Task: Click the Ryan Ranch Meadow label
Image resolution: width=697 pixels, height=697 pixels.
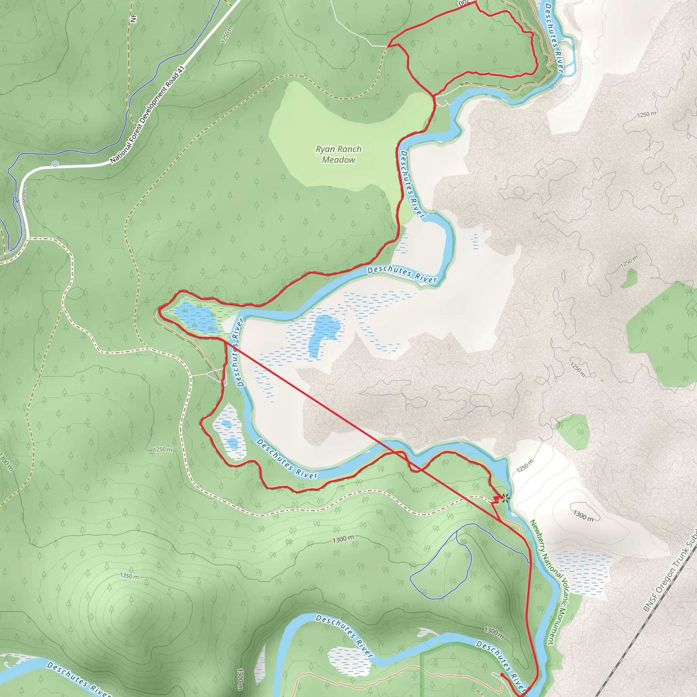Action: tap(338, 155)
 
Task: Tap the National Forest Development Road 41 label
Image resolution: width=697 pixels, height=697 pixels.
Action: tap(148, 115)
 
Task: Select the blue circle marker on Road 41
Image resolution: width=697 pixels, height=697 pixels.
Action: tap(55, 164)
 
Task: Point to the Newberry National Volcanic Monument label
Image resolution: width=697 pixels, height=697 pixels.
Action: tap(548, 582)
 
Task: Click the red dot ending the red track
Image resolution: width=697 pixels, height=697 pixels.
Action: tap(502, 674)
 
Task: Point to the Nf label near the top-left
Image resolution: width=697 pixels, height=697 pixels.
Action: tap(133, 19)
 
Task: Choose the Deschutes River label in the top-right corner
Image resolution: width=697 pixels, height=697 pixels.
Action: tap(554, 38)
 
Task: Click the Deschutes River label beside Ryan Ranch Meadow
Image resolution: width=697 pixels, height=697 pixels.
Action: tap(412, 184)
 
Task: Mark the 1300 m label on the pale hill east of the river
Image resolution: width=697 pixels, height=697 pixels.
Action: tap(583, 516)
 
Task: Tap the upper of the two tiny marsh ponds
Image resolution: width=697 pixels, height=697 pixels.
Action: tap(227, 424)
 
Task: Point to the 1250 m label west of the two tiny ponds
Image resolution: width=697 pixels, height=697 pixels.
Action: tap(163, 450)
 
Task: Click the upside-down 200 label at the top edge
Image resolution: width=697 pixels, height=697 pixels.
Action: tap(465, 3)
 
